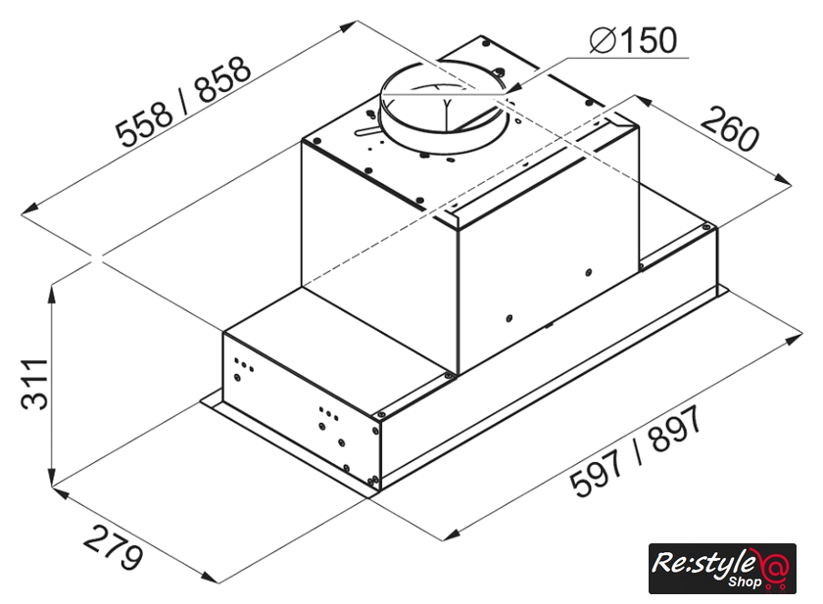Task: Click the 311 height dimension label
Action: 34,384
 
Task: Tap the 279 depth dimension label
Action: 113,548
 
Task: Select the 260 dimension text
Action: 730,128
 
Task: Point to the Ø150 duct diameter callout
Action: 633,40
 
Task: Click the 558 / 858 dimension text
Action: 183,102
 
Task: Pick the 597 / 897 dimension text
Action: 636,452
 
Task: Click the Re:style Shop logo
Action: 722,569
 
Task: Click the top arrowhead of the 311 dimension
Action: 52,294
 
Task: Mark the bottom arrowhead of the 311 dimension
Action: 51,476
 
